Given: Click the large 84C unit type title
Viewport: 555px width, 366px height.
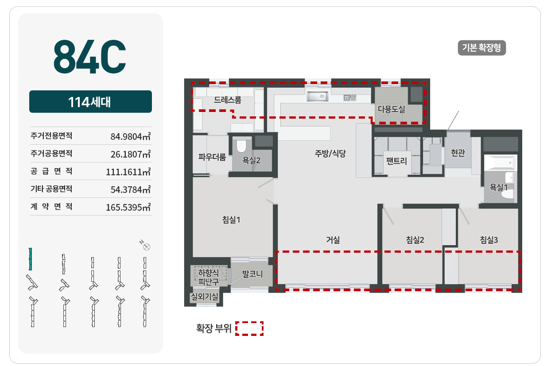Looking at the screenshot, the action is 89,57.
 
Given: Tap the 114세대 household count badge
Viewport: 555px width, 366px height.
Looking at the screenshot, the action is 90,101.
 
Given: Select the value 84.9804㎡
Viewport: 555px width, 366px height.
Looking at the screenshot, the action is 131,136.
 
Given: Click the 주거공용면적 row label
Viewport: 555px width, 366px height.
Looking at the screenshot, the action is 51,154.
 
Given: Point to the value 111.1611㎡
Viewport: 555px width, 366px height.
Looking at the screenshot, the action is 128,172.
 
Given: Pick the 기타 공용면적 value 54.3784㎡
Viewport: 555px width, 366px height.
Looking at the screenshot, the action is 131,189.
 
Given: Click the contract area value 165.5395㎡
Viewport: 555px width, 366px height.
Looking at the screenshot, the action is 128,207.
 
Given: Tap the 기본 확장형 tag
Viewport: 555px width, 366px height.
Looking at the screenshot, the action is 481,48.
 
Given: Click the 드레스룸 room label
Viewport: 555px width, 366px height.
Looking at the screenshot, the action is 228,100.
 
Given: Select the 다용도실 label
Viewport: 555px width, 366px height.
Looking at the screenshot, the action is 391,109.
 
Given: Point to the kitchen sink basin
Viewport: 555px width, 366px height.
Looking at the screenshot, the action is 318,96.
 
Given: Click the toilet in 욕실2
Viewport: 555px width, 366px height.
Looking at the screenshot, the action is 241,146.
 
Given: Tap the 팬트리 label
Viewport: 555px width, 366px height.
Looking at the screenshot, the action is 396,161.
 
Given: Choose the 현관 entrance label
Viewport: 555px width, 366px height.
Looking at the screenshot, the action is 458,153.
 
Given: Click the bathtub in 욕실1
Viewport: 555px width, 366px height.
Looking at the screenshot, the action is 501,162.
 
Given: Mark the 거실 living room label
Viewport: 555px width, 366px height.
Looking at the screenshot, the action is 333,240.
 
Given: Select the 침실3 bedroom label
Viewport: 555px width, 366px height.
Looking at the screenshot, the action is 489,240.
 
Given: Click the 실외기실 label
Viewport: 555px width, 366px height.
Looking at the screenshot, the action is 204,297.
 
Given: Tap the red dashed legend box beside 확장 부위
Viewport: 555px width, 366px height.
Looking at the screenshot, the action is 249,329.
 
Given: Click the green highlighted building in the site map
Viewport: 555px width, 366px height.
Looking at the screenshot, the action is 30,259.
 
